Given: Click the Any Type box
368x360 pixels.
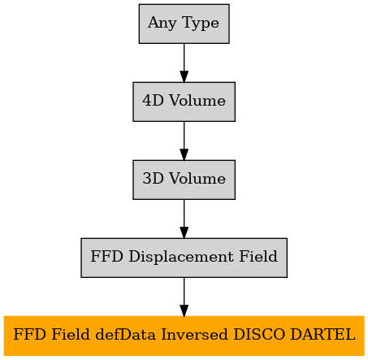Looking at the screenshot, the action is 184,24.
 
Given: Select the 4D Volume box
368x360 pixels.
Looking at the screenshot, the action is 184,102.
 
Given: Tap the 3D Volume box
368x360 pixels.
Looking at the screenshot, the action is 184,180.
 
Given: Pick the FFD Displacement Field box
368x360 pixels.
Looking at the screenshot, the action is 184,258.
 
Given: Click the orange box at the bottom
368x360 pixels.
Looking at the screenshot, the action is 184,336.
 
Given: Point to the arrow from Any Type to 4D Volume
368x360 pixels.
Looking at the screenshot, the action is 184,63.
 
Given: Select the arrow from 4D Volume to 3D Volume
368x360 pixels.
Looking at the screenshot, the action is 184,141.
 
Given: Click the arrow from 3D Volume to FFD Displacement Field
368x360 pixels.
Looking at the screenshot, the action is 184,219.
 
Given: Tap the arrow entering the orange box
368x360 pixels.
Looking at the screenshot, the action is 184,297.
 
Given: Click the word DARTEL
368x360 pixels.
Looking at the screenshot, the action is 323,334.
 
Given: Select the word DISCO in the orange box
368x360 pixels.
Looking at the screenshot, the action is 259,334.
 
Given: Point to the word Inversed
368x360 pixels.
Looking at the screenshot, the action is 194,334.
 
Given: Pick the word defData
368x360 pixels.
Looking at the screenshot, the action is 126,334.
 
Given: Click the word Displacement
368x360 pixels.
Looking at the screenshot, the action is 181,257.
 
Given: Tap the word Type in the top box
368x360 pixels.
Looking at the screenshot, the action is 201,23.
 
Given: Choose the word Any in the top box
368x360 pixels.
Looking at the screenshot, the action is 162,23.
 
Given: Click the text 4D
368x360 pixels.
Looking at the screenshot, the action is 154,101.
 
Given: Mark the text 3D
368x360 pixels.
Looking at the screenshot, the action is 154,179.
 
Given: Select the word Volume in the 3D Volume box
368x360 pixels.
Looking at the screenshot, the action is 197,179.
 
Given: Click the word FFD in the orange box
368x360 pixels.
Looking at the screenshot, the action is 29,334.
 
